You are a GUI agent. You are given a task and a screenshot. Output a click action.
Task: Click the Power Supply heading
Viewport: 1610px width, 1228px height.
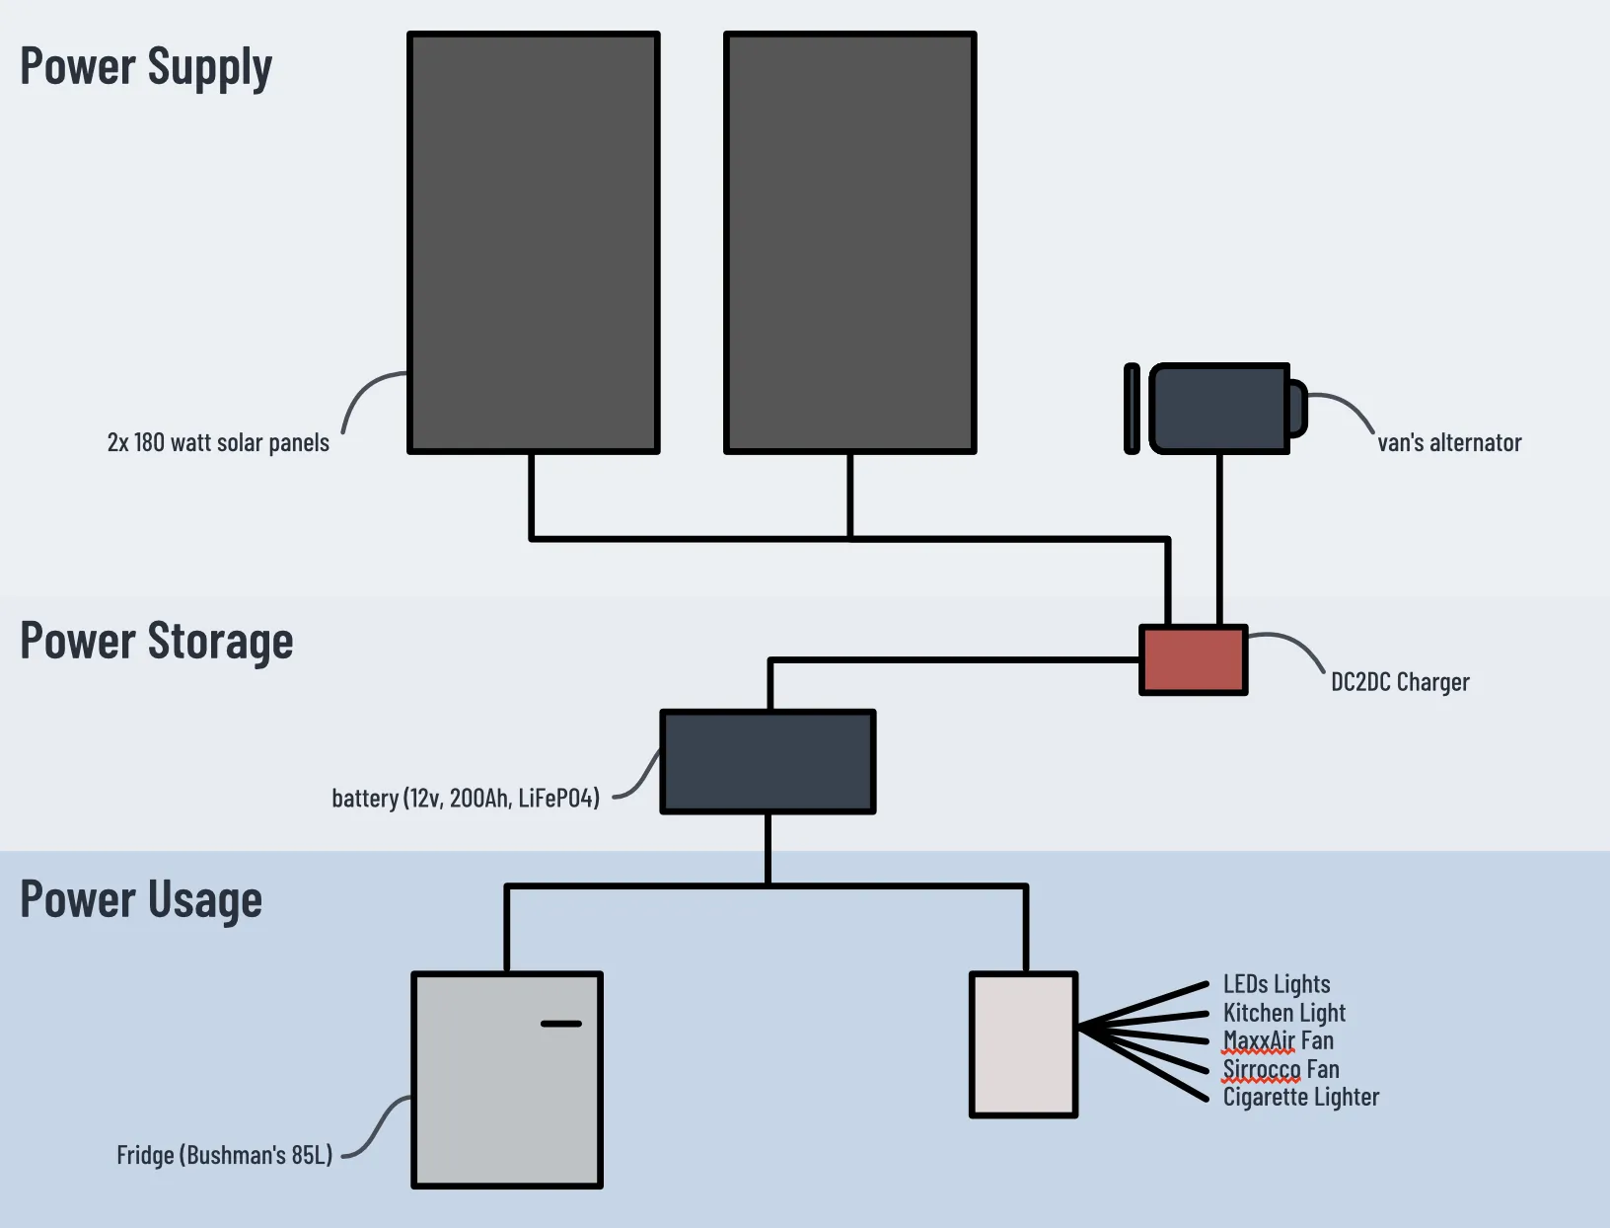[x=146, y=67]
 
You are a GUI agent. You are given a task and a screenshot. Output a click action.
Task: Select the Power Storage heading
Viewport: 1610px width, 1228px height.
[x=157, y=642]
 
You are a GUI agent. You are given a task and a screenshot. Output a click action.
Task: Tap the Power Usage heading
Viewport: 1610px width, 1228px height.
[x=141, y=900]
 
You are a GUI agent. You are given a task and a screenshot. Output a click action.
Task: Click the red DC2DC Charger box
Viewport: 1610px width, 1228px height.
[x=1194, y=660]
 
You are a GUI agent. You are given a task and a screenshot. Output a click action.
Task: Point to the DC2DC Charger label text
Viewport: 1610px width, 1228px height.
[x=1399, y=682]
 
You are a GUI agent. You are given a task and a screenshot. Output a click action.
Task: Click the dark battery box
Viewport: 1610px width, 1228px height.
[x=768, y=762]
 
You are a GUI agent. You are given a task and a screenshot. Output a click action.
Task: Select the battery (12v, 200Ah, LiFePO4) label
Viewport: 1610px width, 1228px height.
[x=466, y=798]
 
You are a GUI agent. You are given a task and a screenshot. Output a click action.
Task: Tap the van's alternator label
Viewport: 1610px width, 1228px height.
[x=1448, y=443]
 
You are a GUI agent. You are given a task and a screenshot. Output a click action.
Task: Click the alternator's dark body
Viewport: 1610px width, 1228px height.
[x=1219, y=409]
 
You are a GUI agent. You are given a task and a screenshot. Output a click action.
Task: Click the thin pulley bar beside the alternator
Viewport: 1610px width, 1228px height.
[x=1132, y=409]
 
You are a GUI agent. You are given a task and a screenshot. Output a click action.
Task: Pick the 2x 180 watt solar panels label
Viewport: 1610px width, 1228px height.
[x=218, y=442]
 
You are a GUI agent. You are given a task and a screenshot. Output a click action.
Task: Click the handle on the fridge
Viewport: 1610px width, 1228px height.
[x=561, y=1024]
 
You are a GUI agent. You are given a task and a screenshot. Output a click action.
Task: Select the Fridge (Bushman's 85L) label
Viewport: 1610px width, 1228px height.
[x=225, y=1155]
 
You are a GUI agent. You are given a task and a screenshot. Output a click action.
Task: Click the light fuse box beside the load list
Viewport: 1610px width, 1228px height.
[x=1023, y=1044]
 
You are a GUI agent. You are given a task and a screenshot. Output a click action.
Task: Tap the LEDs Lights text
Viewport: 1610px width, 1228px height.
[x=1277, y=984]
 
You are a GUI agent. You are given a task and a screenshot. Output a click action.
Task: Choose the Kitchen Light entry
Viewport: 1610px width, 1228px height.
[x=1283, y=1013]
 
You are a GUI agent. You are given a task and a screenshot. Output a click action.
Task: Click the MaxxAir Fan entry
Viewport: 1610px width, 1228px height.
[x=1278, y=1040]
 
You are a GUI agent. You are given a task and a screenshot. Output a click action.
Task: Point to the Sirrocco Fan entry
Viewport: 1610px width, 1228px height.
[x=1281, y=1069]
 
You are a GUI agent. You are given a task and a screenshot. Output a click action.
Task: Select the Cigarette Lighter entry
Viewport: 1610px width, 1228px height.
[x=1300, y=1097]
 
